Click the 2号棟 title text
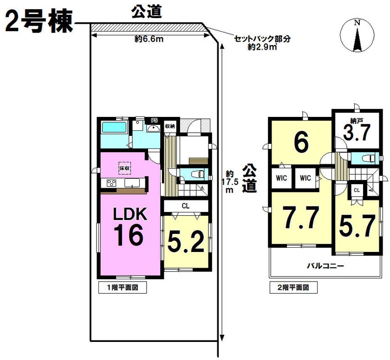[39, 22]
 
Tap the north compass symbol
[357, 36]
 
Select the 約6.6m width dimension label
[149, 39]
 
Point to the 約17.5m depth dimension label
[230, 181]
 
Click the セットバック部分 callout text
[262, 39]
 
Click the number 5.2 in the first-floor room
[186, 241]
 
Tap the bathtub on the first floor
[115, 128]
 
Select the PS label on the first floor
[155, 121]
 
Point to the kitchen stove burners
[111, 183]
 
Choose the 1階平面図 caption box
[123, 288]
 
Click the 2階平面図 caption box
[293, 288]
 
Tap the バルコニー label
[325, 266]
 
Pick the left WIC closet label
[281, 178]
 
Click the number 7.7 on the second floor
[301, 218]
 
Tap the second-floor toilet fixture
[368, 158]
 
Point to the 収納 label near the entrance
[170, 126]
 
